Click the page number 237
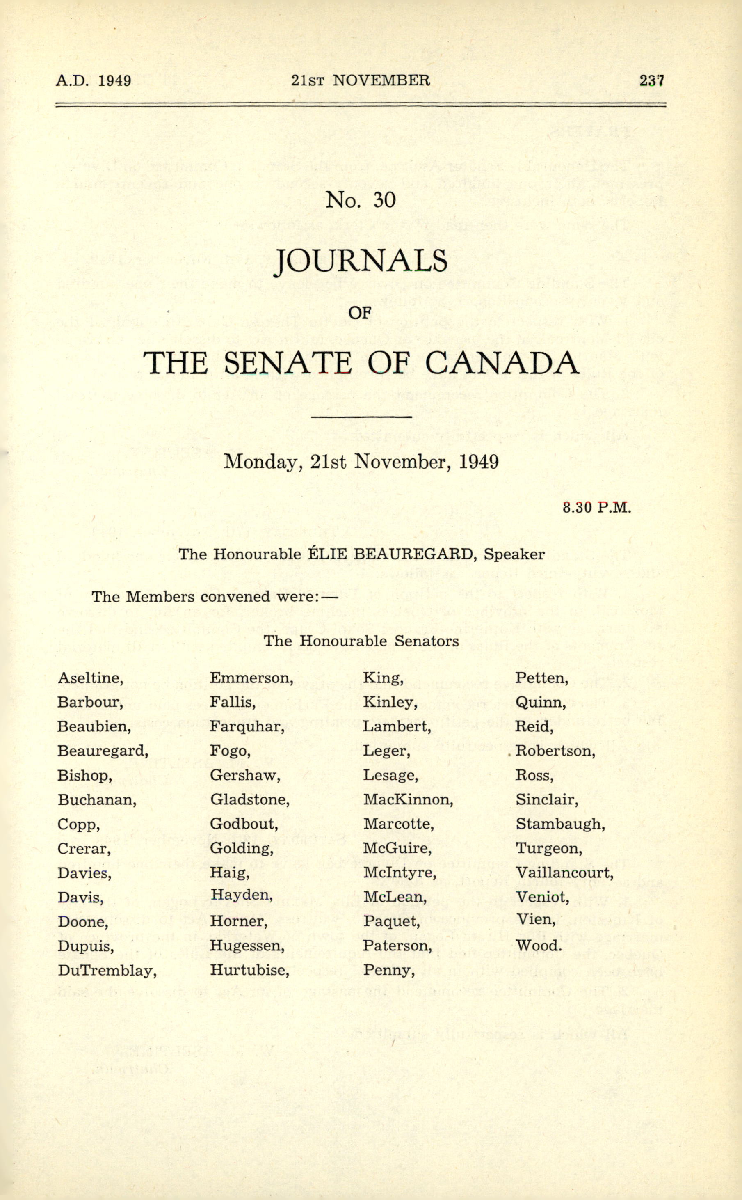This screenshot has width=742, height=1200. coord(651,80)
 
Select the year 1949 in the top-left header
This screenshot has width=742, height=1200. coord(114,80)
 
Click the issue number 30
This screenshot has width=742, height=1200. coord(384,200)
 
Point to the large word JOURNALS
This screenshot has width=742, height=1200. coord(361,261)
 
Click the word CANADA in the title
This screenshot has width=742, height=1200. coord(501,363)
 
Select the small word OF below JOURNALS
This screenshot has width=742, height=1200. coord(359,312)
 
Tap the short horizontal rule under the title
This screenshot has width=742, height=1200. coord(361,417)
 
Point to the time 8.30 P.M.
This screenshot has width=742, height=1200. coord(597,508)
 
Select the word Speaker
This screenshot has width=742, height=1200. coord(514,554)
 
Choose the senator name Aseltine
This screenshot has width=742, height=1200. coord(90,678)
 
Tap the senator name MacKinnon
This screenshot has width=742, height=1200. coord(408,800)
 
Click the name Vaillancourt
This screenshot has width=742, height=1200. coord(564,873)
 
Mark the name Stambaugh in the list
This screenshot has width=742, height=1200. coord(560,824)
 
